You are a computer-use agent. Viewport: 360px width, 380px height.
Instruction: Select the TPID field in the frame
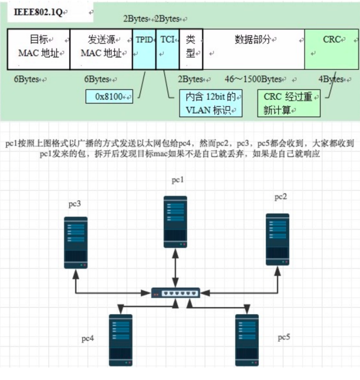coord(144,49)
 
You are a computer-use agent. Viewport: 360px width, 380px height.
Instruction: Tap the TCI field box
coord(167,49)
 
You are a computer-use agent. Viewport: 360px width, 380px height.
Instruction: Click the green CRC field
coord(331,49)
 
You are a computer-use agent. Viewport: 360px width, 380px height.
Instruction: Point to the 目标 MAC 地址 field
coord(38,49)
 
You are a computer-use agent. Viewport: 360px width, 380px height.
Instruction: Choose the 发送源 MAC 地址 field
coord(101,49)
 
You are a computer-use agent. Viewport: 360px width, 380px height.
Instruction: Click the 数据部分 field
coord(253,49)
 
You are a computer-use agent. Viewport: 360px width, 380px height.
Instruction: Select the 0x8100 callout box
coord(110,97)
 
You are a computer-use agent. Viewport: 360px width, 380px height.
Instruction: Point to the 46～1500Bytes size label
coord(253,79)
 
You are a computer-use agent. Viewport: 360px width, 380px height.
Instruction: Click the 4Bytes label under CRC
coord(331,79)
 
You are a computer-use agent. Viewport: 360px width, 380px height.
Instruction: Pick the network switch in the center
coord(175,293)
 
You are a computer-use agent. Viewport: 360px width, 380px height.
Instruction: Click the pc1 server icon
coord(175,222)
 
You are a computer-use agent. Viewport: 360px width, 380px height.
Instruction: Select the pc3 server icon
coord(76,243)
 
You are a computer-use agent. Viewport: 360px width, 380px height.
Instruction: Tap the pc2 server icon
coord(277,240)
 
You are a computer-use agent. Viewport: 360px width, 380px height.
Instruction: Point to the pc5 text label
coord(284,338)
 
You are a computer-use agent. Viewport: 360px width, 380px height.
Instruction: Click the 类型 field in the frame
coord(190,49)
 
